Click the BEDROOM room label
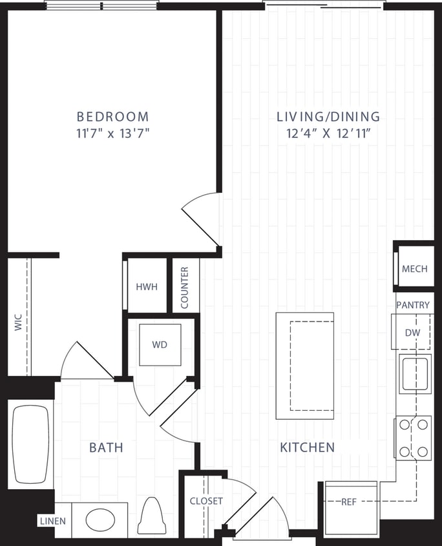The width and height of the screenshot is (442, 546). (112, 117)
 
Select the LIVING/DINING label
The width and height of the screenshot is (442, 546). (328, 117)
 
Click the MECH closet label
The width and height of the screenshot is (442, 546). (415, 268)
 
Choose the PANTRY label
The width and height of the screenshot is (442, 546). (414, 304)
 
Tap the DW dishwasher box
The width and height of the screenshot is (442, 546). (413, 333)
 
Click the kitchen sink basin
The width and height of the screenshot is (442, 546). (414, 374)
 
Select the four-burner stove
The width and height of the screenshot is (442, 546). (414, 438)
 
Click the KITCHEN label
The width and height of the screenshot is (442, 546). (307, 447)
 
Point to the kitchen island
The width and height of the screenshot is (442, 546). (305, 366)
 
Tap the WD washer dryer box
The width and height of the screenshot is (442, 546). (160, 345)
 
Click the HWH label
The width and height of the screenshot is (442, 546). (146, 287)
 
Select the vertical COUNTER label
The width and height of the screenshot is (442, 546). (185, 287)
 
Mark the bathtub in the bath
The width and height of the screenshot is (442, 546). (31, 444)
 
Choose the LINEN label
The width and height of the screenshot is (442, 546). (53, 521)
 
